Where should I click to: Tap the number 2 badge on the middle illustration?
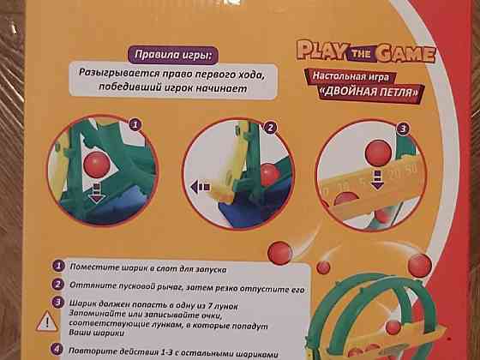click(268, 127)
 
